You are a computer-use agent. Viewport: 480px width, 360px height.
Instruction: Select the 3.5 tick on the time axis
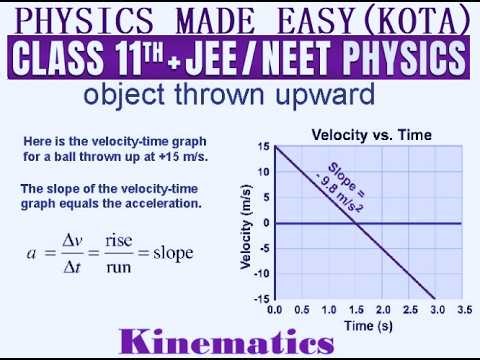point(463,311)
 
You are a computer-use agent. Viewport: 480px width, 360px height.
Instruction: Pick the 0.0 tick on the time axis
point(275,311)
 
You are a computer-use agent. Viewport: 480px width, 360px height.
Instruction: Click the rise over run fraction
point(125,253)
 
